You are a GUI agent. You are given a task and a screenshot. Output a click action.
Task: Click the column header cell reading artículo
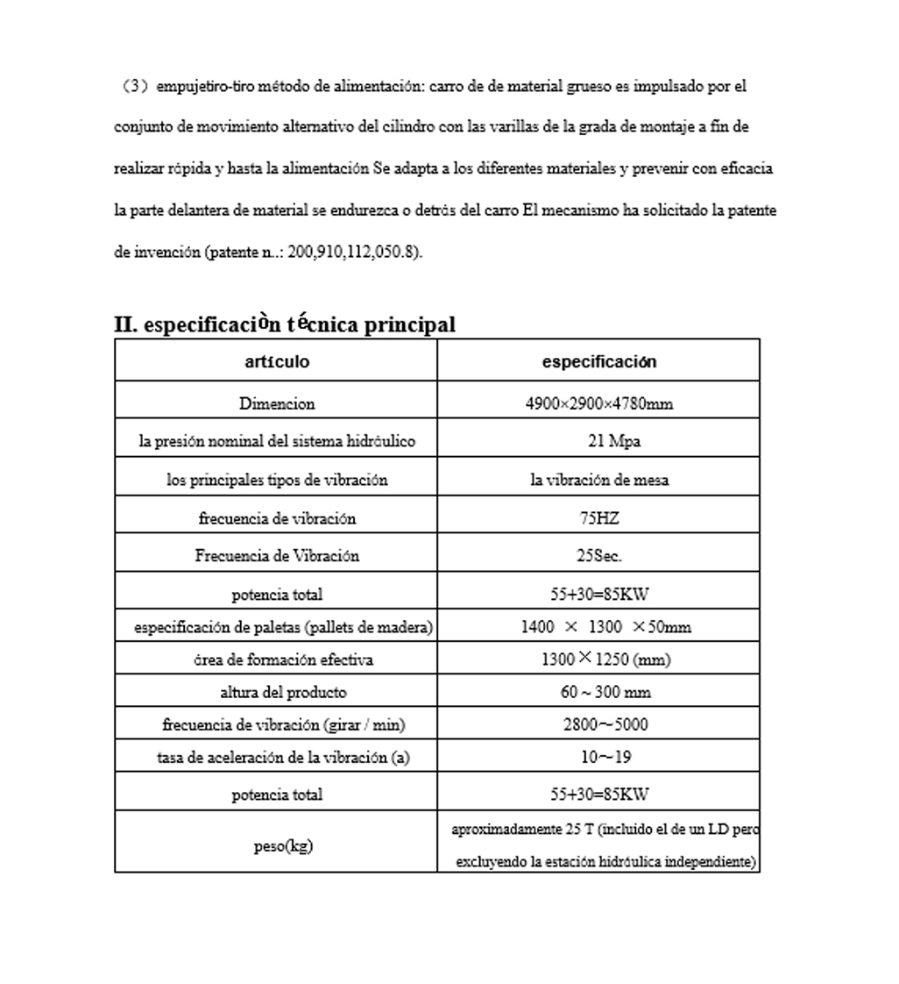pyautogui.click(x=277, y=361)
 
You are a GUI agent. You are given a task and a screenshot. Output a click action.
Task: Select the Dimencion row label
pyautogui.click(x=277, y=403)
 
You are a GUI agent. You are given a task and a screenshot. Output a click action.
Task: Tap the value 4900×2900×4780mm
pyautogui.click(x=599, y=403)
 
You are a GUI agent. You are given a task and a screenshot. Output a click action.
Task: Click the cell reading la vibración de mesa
pyautogui.click(x=599, y=480)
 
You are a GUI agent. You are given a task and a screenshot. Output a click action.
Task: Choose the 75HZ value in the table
pyautogui.click(x=599, y=517)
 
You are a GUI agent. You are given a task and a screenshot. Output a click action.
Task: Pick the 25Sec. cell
pyautogui.click(x=599, y=555)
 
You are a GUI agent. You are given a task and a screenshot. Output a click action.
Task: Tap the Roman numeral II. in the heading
pyautogui.click(x=125, y=324)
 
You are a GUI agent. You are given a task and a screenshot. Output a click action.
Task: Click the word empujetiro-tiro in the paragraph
pyautogui.click(x=194, y=86)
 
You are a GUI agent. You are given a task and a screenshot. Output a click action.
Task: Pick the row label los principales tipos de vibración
pyautogui.click(x=277, y=480)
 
